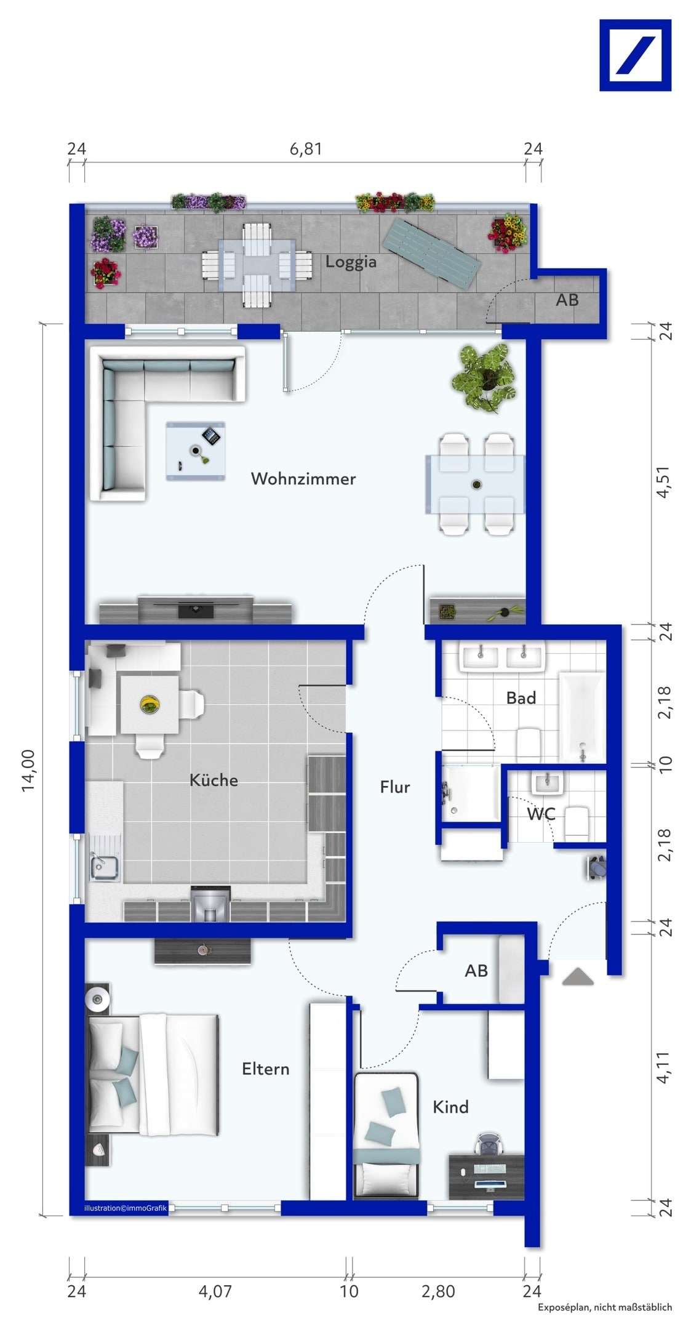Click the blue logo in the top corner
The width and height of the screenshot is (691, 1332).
pos(635,55)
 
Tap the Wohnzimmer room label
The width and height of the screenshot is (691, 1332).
pos(303,478)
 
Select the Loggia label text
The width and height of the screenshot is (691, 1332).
pos(351,262)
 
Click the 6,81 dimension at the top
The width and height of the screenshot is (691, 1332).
pos(306,149)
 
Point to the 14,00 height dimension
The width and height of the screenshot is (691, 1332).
pos(29,770)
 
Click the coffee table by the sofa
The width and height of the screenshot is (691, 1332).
pos(195,451)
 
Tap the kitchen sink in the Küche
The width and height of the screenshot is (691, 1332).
pos(105,867)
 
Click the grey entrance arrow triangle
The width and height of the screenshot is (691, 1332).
pos(577,977)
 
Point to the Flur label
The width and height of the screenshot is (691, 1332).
pos(394,787)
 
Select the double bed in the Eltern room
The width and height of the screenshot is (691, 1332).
pos(154,1074)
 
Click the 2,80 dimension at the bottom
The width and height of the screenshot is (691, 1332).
pos(438,1291)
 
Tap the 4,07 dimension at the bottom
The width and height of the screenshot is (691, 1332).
pos(215,1291)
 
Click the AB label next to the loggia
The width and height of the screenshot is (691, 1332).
pos(567,300)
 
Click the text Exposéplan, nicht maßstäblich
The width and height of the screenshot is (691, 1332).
pos(605,1307)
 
